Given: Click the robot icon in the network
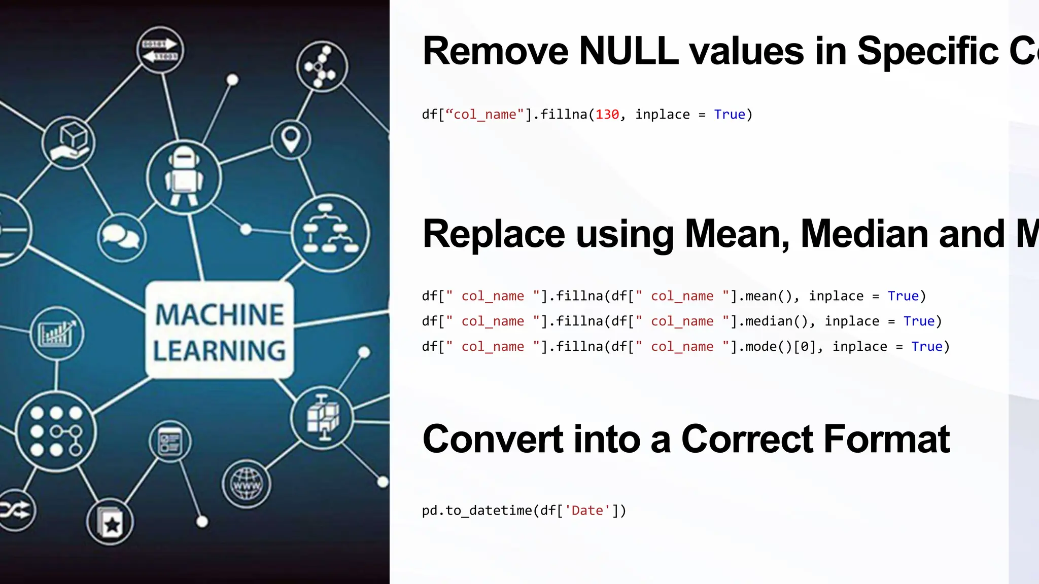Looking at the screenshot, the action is (x=184, y=177).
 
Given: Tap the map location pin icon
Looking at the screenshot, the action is (x=290, y=139).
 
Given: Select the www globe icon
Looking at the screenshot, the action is (x=247, y=484).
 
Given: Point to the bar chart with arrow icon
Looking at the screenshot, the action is (x=57, y=334).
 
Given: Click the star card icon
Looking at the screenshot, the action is (x=110, y=523).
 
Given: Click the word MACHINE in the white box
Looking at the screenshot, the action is (x=219, y=315).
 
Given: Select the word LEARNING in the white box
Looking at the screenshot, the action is (x=219, y=351).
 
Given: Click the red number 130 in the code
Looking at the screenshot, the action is (x=607, y=115).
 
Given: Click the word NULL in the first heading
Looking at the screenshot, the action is (x=629, y=51).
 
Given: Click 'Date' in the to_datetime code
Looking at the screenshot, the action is (x=587, y=510).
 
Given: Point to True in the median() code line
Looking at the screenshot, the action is (x=919, y=321).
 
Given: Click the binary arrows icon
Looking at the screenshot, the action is (x=160, y=50).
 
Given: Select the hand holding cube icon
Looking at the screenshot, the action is (x=68, y=142).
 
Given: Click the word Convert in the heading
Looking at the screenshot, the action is (x=492, y=439).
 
